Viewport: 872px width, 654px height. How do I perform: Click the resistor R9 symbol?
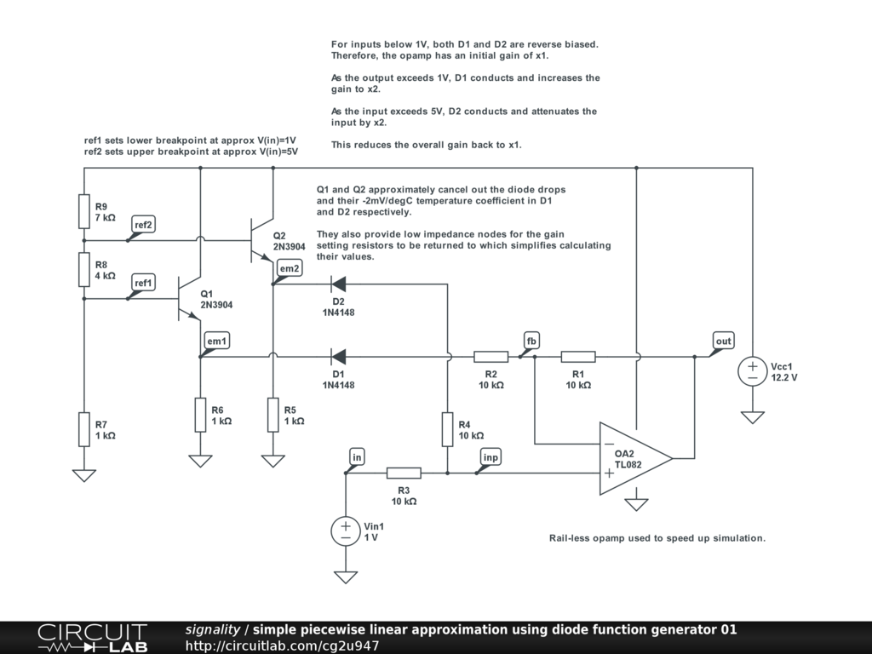[x=84, y=211]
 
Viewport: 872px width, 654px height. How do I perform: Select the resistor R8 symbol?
[x=84, y=268]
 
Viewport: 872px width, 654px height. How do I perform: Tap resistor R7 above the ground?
[x=84, y=428]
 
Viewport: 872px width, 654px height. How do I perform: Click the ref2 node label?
[x=143, y=225]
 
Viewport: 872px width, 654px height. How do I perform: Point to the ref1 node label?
[x=143, y=283]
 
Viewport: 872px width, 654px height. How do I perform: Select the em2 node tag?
[x=290, y=269]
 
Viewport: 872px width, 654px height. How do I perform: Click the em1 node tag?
[x=217, y=341]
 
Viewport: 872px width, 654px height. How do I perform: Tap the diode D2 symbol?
[x=338, y=284]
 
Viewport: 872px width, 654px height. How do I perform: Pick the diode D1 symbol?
[x=338, y=357]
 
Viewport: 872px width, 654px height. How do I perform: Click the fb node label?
[x=532, y=341]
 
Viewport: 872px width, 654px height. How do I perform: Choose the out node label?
[x=723, y=341]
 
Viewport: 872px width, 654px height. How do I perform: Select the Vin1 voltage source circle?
[x=346, y=531]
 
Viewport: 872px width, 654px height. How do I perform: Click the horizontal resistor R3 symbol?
[x=404, y=473]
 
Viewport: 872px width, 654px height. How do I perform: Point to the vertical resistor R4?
[x=447, y=428]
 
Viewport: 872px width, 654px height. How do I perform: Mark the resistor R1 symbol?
[x=578, y=357]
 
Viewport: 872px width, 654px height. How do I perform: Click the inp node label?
[x=490, y=458]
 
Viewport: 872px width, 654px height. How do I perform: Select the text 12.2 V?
[x=784, y=377]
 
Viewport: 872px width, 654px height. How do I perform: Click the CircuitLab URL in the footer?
[x=282, y=646]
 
